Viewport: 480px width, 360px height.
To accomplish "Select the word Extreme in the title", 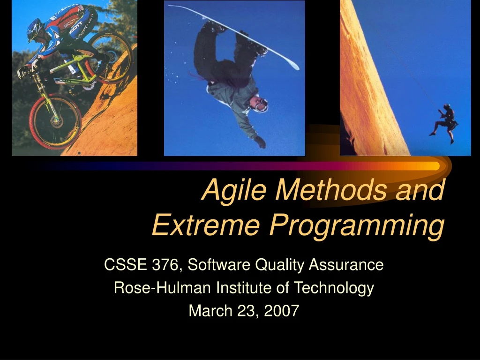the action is (x=206, y=225).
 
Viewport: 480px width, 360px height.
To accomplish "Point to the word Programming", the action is (x=357, y=227).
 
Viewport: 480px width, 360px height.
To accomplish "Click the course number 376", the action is (x=165, y=264).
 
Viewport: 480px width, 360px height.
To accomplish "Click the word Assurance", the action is (x=346, y=264).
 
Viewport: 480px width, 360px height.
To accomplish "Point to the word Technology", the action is (x=334, y=288).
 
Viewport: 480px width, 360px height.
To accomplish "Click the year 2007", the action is (x=281, y=311).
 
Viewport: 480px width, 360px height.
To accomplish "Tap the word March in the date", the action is (x=210, y=311).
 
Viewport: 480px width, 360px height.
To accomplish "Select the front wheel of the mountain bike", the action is (x=55, y=121).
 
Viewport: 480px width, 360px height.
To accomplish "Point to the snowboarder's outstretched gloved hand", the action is (x=260, y=142).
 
